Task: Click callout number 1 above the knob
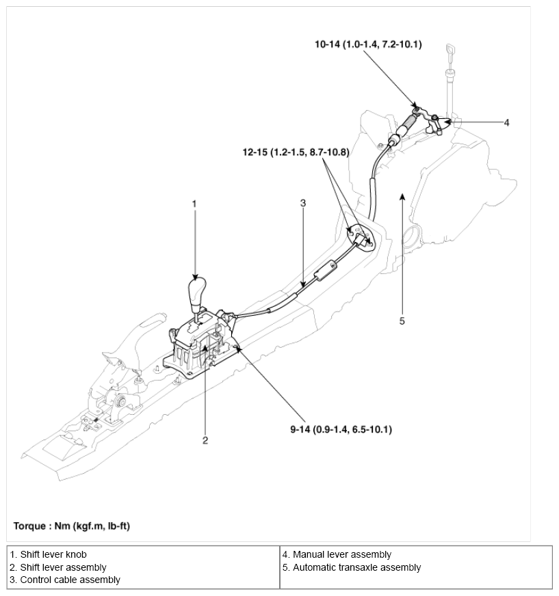(x=194, y=204)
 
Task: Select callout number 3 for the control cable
(x=303, y=203)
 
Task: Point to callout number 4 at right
(x=506, y=123)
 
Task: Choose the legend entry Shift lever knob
(x=49, y=554)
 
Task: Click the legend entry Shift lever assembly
(x=58, y=567)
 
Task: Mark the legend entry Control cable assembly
(x=65, y=580)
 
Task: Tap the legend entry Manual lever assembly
(x=337, y=554)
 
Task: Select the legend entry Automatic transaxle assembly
(x=351, y=567)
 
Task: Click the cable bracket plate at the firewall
(x=361, y=238)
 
